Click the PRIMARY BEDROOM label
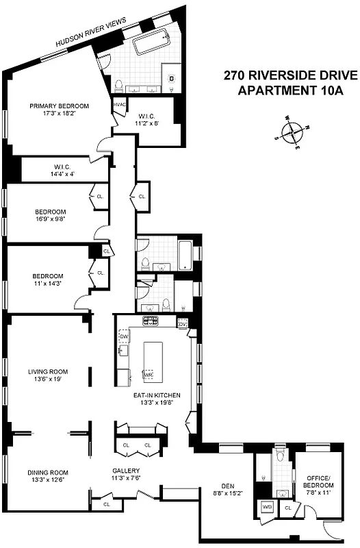click(x=59, y=106)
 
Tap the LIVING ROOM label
click(x=48, y=375)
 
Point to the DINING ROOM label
click(x=48, y=475)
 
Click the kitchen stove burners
click(x=150, y=321)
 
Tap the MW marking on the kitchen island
click(x=147, y=375)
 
